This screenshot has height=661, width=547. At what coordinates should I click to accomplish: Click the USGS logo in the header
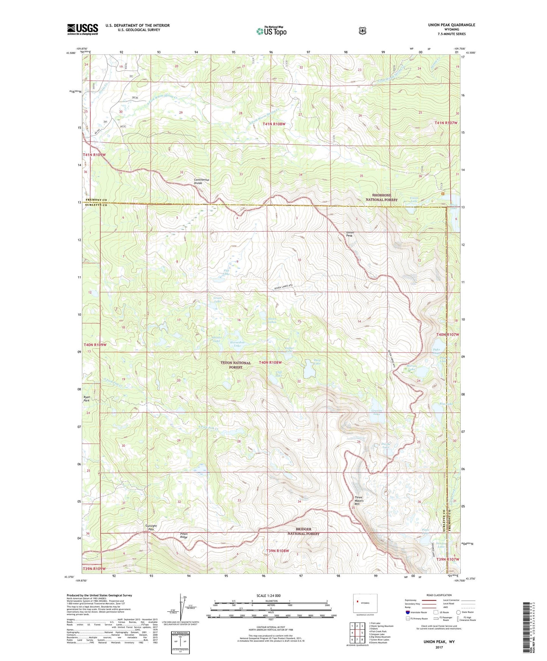(83, 29)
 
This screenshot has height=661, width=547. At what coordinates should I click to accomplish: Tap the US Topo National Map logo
(271, 31)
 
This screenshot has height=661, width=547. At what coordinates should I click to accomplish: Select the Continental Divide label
(201, 181)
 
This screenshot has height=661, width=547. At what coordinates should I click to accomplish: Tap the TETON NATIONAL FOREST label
(235, 365)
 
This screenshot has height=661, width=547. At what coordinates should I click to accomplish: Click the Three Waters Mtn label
(358, 500)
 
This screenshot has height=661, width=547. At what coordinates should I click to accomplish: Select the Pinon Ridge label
(184, 535)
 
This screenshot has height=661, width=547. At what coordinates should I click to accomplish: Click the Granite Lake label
(377, 412)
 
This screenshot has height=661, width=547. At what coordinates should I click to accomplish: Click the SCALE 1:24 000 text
(268, 596)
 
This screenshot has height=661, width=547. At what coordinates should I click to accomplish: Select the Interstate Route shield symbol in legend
(407, 612)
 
